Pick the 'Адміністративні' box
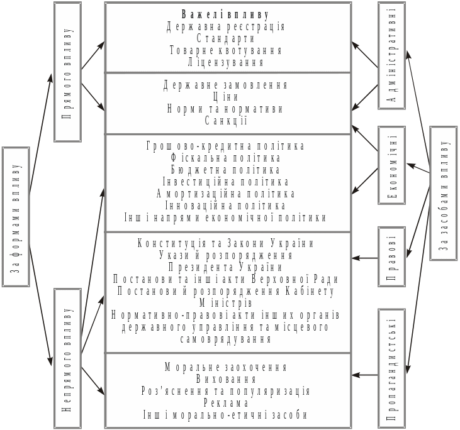(392, 55)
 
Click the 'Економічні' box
(392, 165)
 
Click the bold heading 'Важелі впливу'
(225, 14)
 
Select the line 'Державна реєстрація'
(225, 27)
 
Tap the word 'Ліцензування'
(225, 62)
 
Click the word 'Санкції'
(225, 121)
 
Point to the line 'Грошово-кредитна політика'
(225, 146)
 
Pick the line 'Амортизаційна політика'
(225, 194)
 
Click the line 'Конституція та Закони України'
(225, 243)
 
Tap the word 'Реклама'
(225, 403)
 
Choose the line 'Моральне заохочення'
(225, 367)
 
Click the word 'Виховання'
(225, 379)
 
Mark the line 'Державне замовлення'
(225, 85)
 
